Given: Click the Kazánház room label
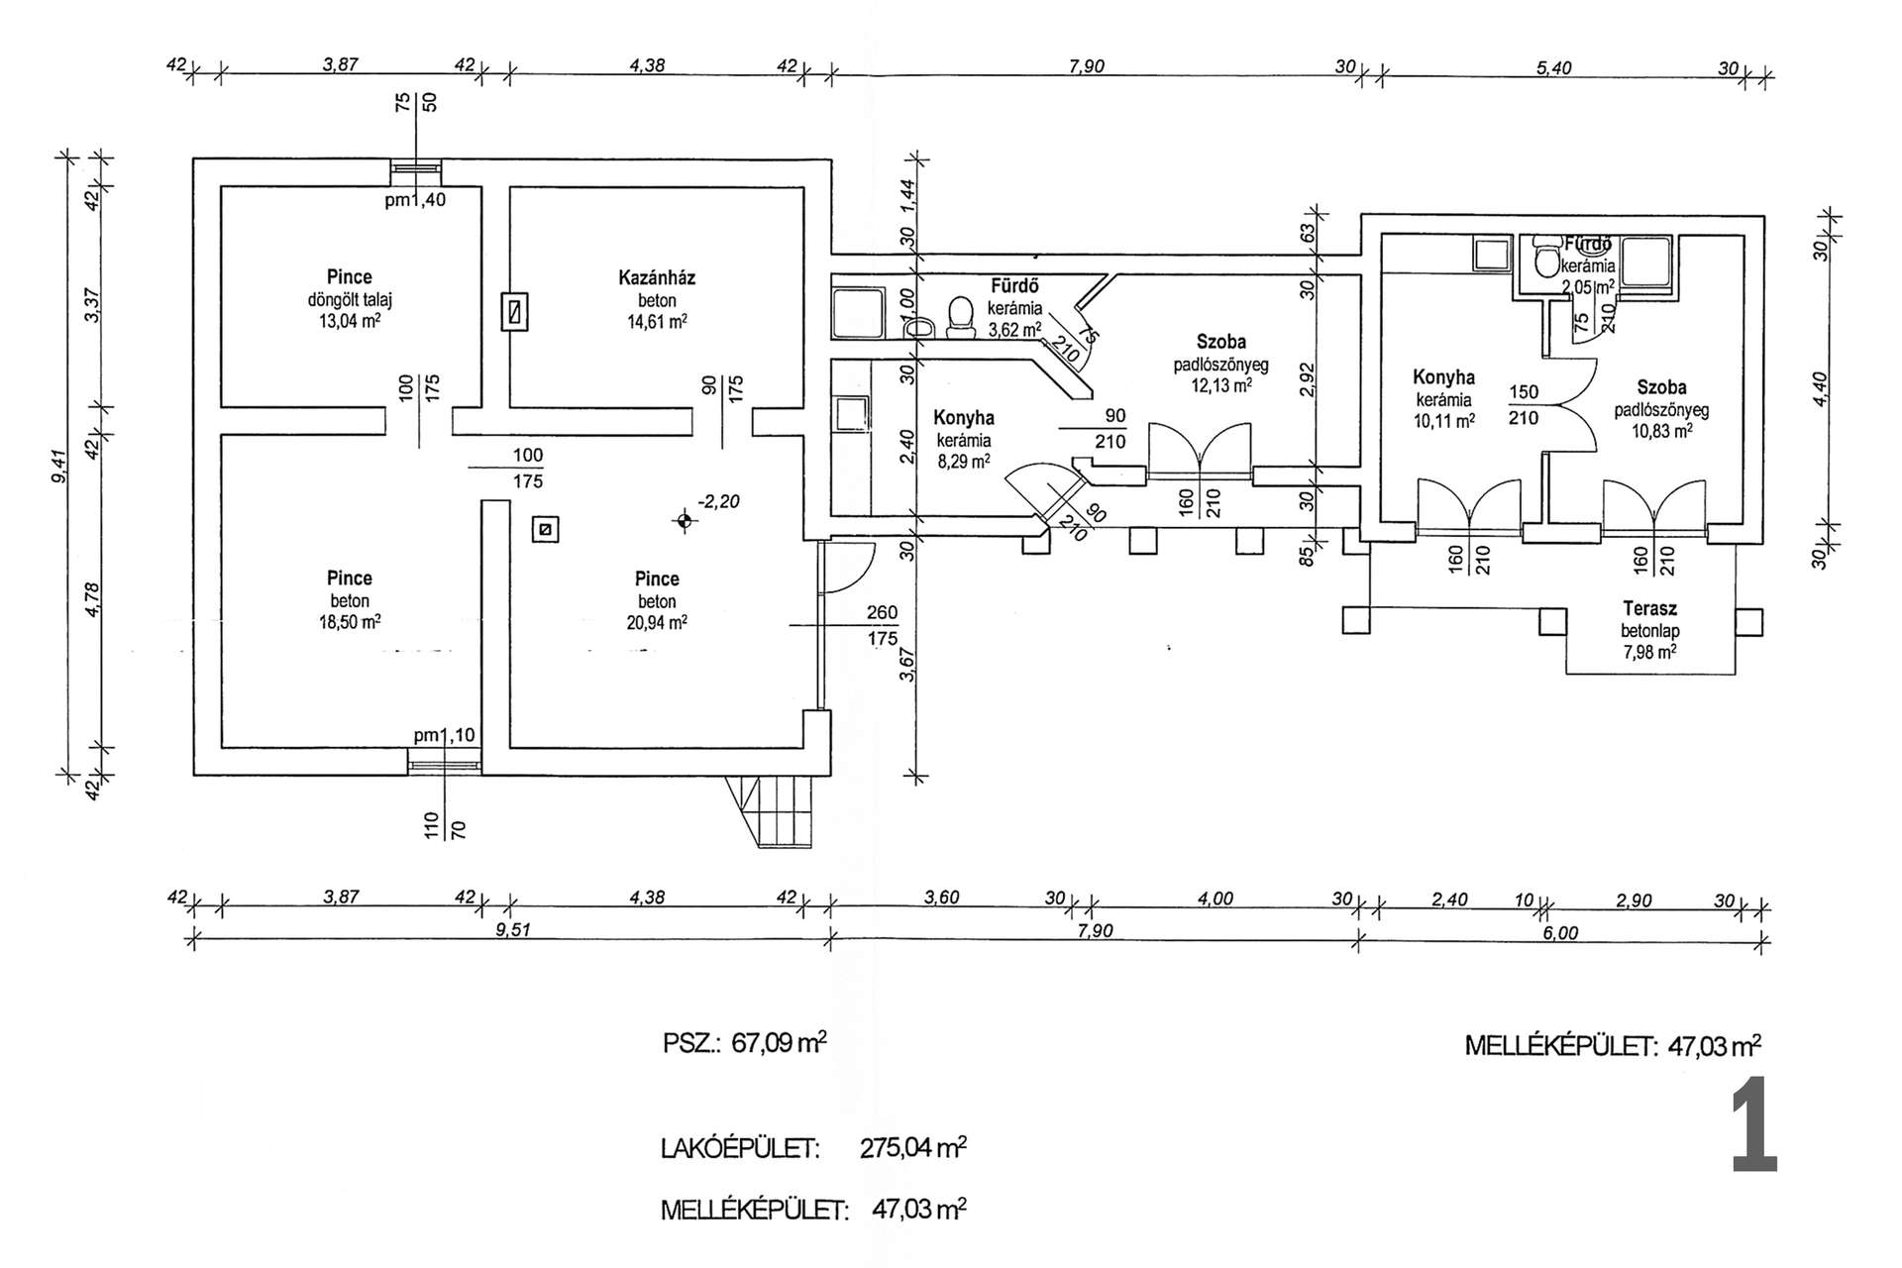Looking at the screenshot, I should (657, 278).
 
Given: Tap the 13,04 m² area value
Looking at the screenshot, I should (350, 321).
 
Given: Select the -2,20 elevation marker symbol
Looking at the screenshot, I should (684, 520).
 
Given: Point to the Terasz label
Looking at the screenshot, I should (1649, 608).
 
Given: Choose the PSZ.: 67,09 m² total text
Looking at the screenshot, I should (745, 1043).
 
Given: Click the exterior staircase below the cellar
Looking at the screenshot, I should (772, 811).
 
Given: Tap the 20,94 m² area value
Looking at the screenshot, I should (657, 623).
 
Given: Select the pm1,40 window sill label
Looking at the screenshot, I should (415, 200).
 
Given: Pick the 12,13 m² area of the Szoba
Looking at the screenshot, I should (1220, 385).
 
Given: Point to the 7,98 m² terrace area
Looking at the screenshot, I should (1649, 653).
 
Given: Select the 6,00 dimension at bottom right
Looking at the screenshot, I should (1560, 933).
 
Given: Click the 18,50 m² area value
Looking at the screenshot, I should (350, 622).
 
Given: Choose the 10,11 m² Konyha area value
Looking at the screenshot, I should (1443, 421).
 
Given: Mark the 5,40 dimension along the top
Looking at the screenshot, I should (1553, 68).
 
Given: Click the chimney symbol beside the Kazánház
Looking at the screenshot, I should (514, 311).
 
